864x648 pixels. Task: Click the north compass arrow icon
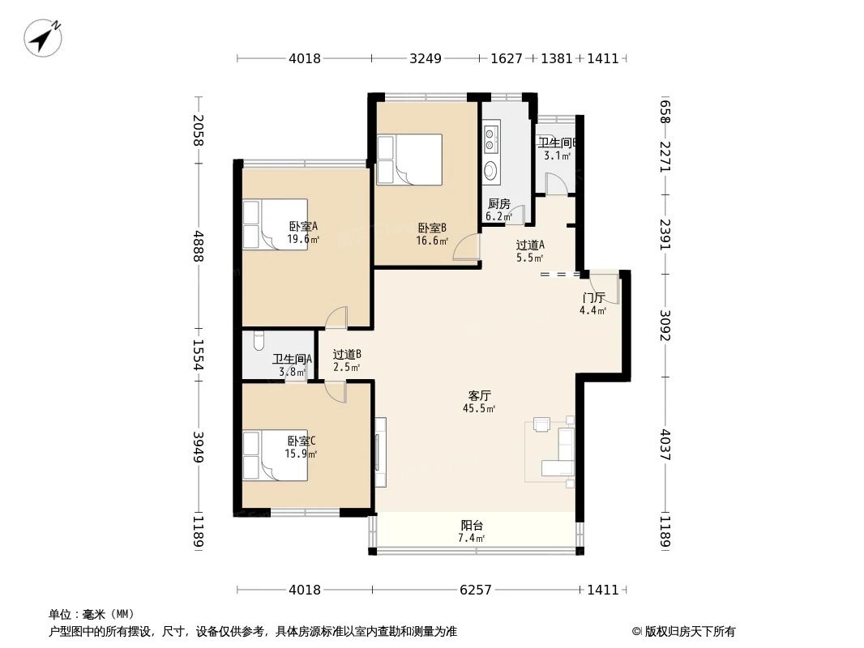[44, 37]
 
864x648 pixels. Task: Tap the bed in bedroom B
[409, 160]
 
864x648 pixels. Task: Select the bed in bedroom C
[275, 456]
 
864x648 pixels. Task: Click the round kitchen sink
[491, 170]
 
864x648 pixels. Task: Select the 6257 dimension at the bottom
[475, 590]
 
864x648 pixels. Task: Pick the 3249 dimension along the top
[426, 58]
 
